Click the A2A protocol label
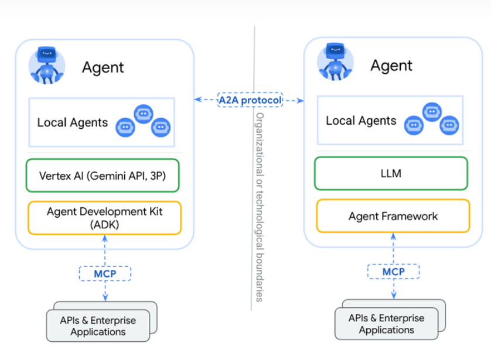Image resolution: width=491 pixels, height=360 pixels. (250, 100)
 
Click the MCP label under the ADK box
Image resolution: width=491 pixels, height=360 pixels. (105, 274)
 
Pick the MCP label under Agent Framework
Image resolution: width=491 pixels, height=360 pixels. (393, 272)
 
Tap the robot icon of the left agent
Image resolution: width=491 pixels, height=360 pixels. (47, 66)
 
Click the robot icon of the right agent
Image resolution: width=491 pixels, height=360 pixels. (335, 61)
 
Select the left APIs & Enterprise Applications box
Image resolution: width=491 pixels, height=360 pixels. (98, 325)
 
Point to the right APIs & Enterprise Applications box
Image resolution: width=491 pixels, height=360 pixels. (386, 323)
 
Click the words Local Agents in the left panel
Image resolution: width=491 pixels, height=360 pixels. (72, 122)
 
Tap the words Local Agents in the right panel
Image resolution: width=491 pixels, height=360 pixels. (361, 121)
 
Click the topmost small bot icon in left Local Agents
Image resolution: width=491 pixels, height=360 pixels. (144, 114)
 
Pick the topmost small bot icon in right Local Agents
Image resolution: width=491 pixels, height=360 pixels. (432, 112)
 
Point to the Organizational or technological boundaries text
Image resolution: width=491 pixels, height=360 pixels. (260, 207)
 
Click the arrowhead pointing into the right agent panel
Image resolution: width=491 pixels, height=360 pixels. (301, 101)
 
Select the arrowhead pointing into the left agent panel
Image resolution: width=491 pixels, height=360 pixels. (198, 100)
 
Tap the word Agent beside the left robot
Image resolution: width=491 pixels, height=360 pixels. (103, 67)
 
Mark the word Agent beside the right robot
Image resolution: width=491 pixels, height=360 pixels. (391, 66)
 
